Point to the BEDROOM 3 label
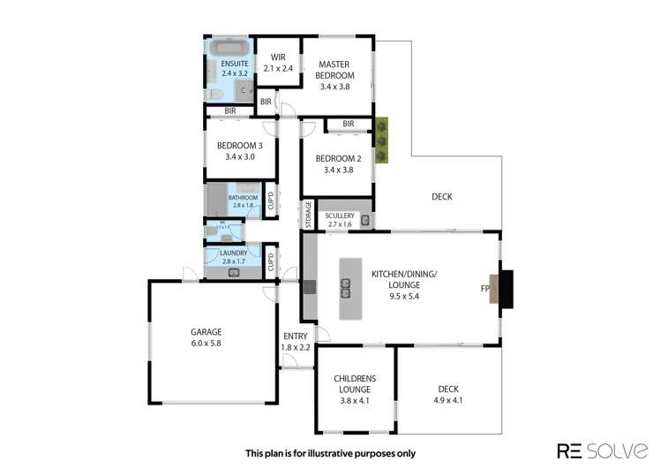[x=240, y=145]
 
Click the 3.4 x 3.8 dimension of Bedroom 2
[x=338, y=170]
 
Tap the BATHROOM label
[x=243, y=198]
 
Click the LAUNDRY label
[x=234, y=253]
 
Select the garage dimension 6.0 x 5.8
[x=206, y=344]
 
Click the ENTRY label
[x=295, y=336]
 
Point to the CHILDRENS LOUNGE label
[x=352, y=383]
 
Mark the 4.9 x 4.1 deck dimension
[x=448, y=400]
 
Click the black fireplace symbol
[x=506, y=289]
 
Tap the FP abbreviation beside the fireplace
[x=485, y=289]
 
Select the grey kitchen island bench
[x=350, y=289]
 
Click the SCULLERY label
[x=340, y=216]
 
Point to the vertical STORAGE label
[x=308, y=215]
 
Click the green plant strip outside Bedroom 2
[x=381, y=141]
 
